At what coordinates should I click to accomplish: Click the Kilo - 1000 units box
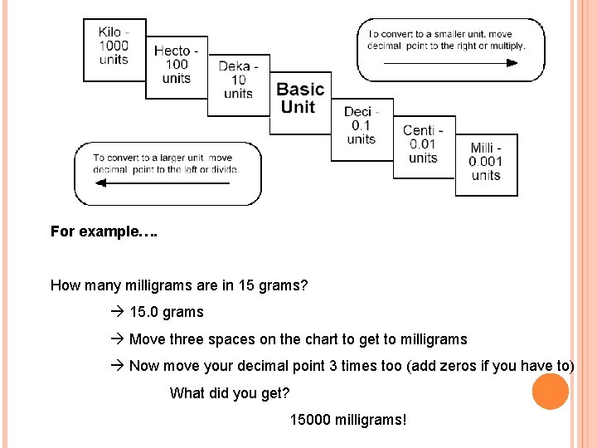click(114, 48)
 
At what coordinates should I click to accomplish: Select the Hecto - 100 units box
click(176, 66)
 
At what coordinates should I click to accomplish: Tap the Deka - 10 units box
click(238, 80)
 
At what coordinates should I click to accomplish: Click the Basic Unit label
click(299, 98)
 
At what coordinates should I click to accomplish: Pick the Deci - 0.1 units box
click(362, 126)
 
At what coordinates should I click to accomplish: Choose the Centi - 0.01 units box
click(423, 144)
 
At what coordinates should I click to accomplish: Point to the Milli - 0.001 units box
click(486, 162)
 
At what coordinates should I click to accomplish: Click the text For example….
click(104, 231)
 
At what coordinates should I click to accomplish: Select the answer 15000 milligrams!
click(348, 420)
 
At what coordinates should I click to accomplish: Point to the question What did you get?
click(230, 393)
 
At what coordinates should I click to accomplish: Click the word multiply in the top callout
click(507, 46)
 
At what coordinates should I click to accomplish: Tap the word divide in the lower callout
click(222, 170)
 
